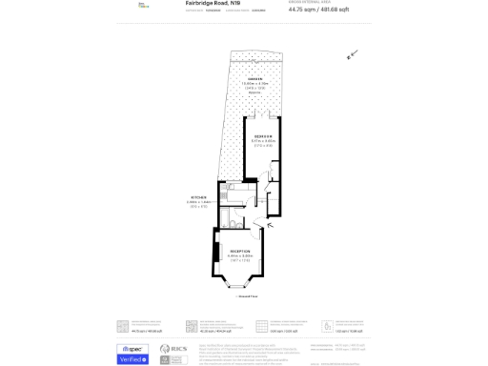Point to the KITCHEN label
[197, 197]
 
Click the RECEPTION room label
[240, 250]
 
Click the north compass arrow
[351, 54]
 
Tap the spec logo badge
[132, 348]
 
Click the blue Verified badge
[132, 359]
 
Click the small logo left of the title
[143, 5]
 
